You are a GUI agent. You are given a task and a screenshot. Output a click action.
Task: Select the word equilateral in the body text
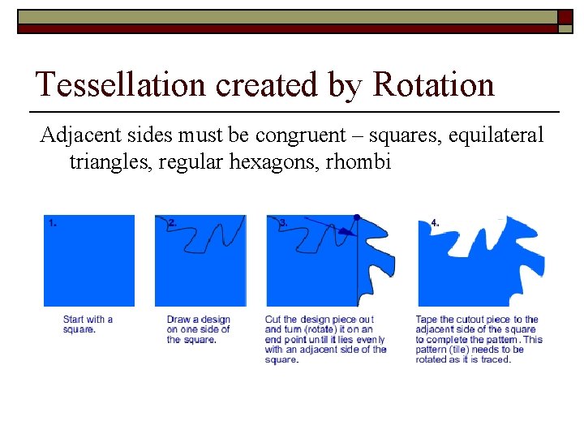pos(496,135)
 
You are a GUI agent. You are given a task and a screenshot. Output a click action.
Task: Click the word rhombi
pos(358,161)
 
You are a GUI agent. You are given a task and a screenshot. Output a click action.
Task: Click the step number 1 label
pos(52,222)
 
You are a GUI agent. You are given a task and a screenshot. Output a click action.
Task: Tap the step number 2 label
pos(171,222)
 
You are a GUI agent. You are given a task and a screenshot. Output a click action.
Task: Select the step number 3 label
pos(282,222)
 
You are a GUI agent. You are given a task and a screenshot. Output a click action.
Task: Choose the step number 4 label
pos(436,222)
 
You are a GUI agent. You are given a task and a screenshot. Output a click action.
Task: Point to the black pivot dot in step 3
pos(356,217)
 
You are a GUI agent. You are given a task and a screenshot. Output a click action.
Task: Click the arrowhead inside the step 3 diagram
pos(346,232)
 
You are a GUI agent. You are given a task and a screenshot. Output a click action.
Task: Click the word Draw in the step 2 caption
pos(179,320)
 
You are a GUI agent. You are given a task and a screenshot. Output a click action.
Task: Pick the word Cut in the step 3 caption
pos(273,320)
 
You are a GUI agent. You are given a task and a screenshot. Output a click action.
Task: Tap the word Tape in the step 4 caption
pos(427,320)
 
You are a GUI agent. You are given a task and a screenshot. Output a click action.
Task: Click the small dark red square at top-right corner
pos(565,16)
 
